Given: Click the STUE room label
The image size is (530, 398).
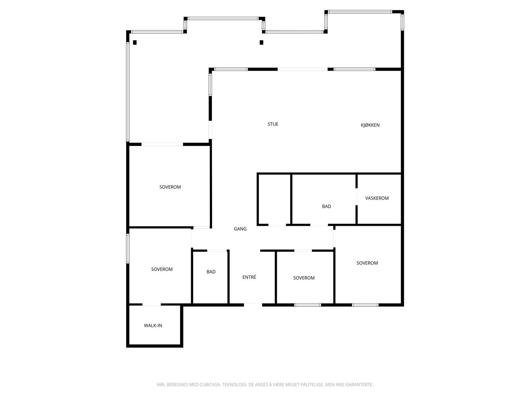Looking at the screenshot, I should point(273,124).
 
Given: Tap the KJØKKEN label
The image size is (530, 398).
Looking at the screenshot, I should point(370,125).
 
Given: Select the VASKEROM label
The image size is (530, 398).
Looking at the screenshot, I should point(377,198).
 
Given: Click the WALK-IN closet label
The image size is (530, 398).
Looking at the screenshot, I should point(153,325).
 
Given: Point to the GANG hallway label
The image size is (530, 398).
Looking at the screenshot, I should point(240,229).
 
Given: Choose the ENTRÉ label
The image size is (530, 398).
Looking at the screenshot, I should point(249,277).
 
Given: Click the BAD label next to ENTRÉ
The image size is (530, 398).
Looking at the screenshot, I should point(211,272).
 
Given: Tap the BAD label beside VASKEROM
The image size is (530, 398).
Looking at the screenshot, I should point(326,206).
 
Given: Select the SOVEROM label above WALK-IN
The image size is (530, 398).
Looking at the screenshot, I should point(162,269).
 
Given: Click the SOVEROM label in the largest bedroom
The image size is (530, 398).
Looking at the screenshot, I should point(170,187).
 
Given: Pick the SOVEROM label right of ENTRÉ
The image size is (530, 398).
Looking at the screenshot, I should point(304,278).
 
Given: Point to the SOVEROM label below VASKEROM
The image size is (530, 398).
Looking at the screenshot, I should point(367,263).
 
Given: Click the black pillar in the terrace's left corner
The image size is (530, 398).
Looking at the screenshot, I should point(135,42).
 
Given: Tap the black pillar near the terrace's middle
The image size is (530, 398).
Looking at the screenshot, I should point(261,42).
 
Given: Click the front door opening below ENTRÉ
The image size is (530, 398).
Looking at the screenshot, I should point(253,304).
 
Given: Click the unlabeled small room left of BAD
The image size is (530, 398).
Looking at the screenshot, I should point(274,199).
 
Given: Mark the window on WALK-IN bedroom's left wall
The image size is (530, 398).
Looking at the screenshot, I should point(128,248).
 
